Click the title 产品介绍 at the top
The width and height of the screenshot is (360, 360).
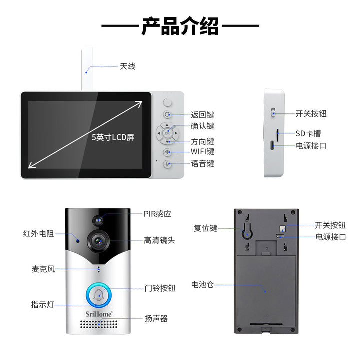point(180,26)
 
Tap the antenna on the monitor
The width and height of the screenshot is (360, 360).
point(87,69)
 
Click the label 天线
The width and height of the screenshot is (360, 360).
point(128,66)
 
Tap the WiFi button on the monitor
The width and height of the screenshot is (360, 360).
point(168,152)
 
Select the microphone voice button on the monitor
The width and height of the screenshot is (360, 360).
point(168,164)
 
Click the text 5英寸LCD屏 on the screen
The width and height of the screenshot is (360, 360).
point(113,137)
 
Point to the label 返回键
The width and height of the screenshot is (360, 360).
point(202,115)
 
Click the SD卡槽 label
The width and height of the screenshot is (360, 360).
point(308,133)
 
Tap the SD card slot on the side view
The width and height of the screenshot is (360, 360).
point(278,135)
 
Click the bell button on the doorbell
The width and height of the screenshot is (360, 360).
point(99,295)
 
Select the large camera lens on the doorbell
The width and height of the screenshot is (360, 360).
point(99,241)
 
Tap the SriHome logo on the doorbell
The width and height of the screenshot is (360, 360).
point(99,314)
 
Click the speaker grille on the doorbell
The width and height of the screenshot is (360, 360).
point(99,324)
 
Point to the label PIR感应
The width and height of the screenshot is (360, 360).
point(157,214)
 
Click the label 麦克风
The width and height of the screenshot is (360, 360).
point(43,269)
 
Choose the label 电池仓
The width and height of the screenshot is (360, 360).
point(202,284)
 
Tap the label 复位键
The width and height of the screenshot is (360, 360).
point(205,228)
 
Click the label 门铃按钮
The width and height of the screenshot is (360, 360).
point(160,288)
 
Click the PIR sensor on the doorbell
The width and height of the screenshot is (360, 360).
point(98,220)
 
